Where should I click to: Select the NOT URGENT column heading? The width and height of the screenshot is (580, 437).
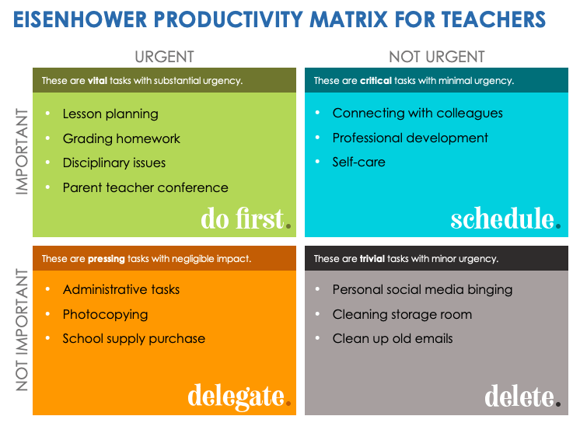click(x=436, y=57)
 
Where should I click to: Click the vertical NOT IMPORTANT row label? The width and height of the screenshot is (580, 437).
click(x=22, y=330)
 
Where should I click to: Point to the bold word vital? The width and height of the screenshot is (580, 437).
click(x=97, y=81)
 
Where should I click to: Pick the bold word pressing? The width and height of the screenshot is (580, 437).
click(x=107, y=259)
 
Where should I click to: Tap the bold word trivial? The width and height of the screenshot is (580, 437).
click(x=373, y=259)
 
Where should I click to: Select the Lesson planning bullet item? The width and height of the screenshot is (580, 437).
click(x=110, y=114)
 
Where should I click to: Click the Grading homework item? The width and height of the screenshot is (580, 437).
click(x=121, y=138)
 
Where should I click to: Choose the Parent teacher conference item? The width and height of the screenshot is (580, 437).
click(x=145, y=187)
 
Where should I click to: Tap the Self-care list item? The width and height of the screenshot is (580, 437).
click(x=358, y=162)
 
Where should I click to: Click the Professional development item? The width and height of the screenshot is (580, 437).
click(x=410, y=138)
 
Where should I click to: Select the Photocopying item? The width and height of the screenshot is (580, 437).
click(x=105, y=314)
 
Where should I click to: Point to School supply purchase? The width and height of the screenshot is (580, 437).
click(x=134, y=338)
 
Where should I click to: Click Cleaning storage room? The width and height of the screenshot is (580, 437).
click(x=402, y=314)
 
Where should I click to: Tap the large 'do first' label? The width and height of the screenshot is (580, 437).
click(x=243, y=218)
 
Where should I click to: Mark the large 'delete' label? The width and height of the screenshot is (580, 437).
click(x=519, y=397)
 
